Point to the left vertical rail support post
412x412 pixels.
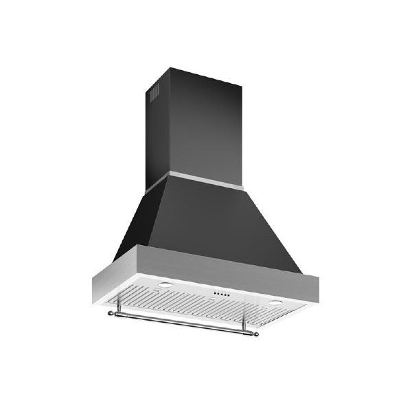[121, 310]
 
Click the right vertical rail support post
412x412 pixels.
[240, 325]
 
